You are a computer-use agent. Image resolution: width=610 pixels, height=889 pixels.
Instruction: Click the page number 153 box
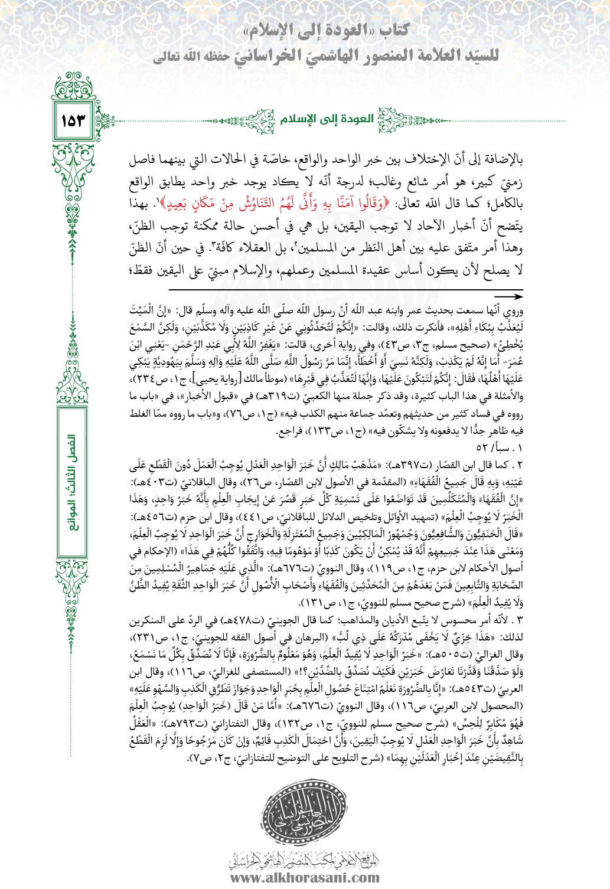73,120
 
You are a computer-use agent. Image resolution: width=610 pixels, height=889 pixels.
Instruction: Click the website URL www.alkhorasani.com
305,878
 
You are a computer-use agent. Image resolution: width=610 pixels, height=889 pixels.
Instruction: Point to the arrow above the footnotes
508,297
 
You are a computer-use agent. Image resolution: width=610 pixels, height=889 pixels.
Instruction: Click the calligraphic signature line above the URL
304,859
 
